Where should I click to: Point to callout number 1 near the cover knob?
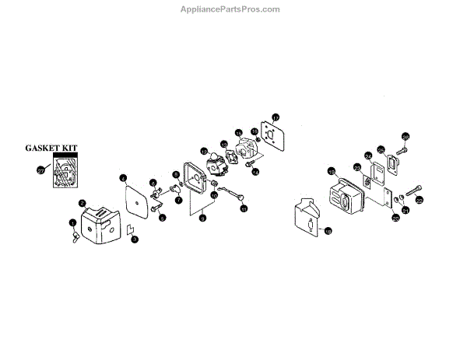pos(72,223)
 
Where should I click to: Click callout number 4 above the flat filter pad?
pos(123,178)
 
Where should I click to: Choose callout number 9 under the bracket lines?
pos(202,220)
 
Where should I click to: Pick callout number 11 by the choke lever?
pos(243,208)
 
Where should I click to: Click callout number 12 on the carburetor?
pos(203,152)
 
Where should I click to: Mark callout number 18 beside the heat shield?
pos(328,231)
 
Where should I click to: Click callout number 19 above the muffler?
pos(331,172)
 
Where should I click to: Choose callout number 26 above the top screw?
pos(405,137)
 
